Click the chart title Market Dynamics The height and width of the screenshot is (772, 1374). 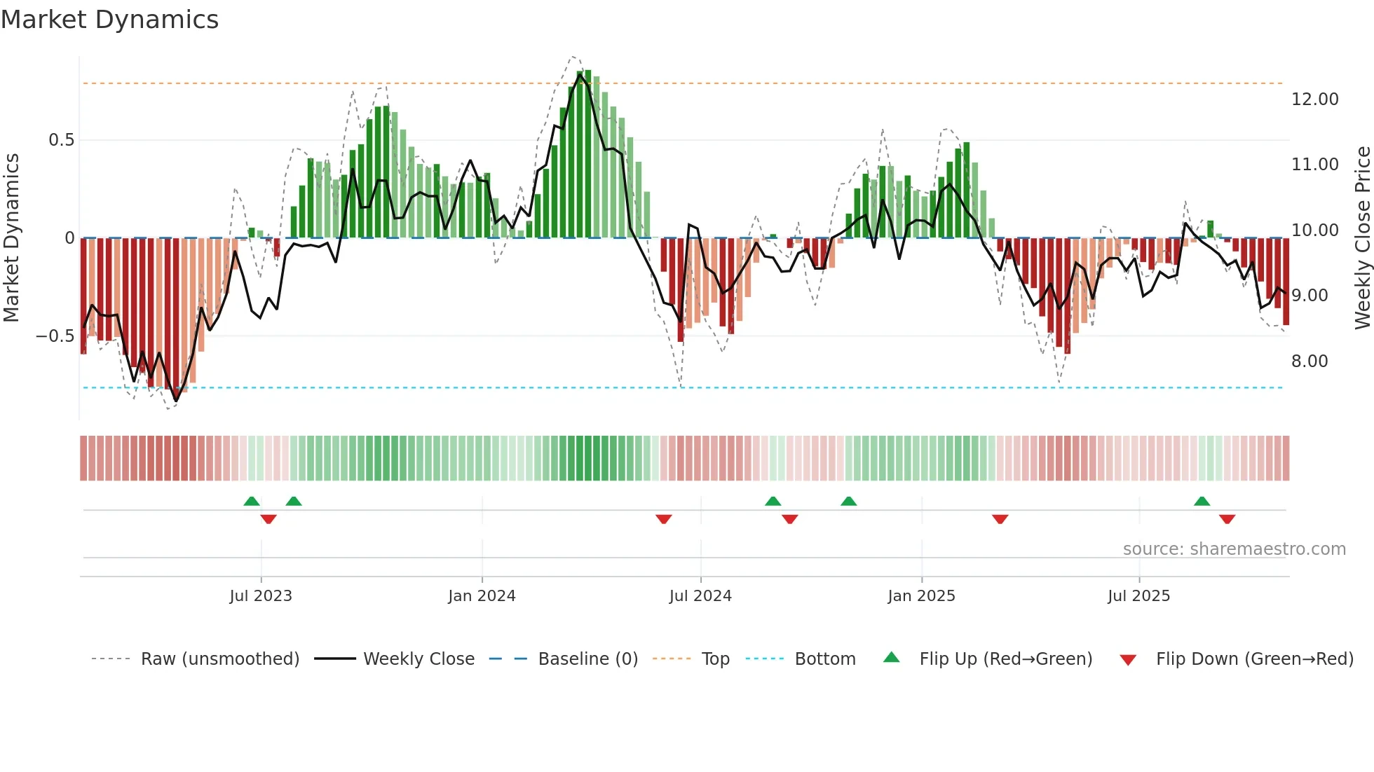click(x=109, y=20)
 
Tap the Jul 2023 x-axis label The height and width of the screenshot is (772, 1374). click(x=260, y=596)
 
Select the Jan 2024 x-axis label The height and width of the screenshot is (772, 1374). click(x=482, y=596)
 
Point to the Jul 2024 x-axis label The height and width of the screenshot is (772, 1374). click(x=700, y=596)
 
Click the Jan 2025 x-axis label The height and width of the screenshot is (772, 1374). click(x=921, y=596)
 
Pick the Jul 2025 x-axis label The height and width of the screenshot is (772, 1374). click(x=1138, y=596)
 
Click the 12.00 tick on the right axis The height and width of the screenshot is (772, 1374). click(x=1314, y=99)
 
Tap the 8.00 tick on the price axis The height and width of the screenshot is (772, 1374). click(x=1309, y=361)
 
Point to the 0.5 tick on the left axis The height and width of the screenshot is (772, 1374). click(x=61, y=140)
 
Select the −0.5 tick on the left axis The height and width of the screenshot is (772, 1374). click(x=55, y=336)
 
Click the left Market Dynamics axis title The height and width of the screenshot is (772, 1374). click(x=11, y=238)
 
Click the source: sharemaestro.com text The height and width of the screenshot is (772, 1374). click(x=1234, y=549)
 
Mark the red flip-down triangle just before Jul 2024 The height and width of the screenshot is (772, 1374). click(x=664, y=519)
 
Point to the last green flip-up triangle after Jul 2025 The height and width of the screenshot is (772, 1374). click(x=1202, y=501)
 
